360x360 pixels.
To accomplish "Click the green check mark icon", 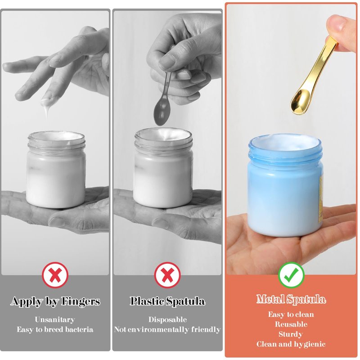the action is point(291,275).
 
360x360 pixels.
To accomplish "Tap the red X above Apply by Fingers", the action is point(55,275).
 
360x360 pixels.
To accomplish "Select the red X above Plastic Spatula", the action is point(167,275).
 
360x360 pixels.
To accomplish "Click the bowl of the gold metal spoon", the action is point(300,102).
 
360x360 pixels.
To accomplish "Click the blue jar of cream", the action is point(285,185).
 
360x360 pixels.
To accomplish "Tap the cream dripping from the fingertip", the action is point(46,106).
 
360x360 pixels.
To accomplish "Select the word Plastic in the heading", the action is point(148,301).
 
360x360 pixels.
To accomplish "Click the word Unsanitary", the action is point(55,319).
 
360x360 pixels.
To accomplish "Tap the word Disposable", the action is point(167,319).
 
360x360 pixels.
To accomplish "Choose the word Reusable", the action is point(291,324).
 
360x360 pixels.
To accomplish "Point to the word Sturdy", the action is point(291,334).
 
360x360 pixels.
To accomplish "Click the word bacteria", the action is point(79,329).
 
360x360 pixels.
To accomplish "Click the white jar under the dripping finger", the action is point(56,170).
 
